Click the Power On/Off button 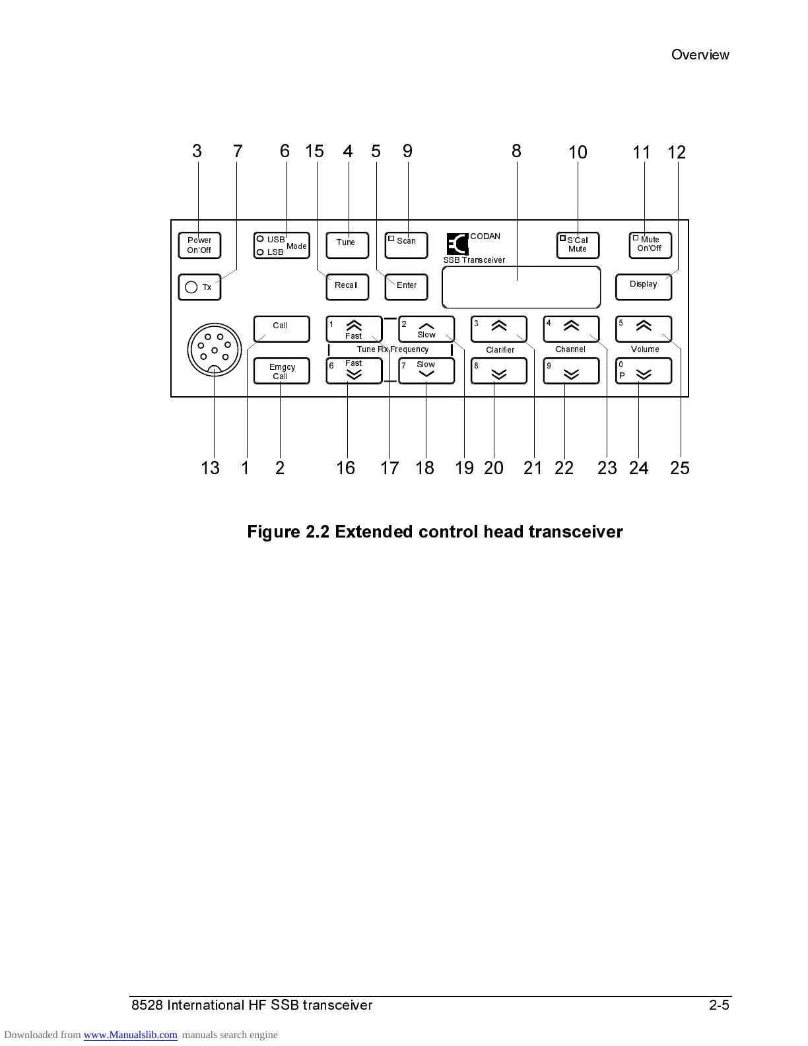[199, 245]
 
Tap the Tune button [347, 245]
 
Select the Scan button [406, 245]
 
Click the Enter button [406, 287]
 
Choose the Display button [643, 287]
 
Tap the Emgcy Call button [281, 371]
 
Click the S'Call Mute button [578, 245]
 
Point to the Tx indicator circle [191, 287]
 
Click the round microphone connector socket [215, 349]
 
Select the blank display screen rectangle [521, 287]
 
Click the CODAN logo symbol [457, 244]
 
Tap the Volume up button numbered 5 [643, 328]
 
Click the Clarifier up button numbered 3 [498, 328]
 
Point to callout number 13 [210, 468]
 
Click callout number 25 [679, 468]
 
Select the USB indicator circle [261, 239]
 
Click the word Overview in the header [700, 55]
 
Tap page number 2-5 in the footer [719, 1005]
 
